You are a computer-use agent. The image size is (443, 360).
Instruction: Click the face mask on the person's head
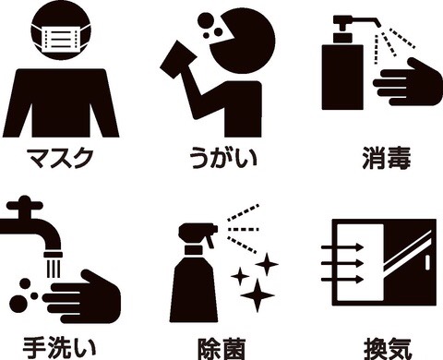pyautogui.click(x=61, y=39)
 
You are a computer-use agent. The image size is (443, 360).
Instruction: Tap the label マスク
pyautogui.click(x=60, y=158)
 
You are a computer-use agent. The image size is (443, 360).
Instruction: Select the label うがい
pyautogui.click(x=222, y=158)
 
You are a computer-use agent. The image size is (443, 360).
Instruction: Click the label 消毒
pyautogui.click(x=387, y=158)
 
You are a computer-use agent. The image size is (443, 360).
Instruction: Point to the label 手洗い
pyautogui.click(x=59, y=348)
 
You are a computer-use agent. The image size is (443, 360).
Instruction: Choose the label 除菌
pyautogui.click(x=221, y=349)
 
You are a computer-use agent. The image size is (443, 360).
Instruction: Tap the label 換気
pyautogui.click(x=388, y=349)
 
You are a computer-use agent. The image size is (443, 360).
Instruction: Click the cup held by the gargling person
pyautogui.click(x=178, y=61)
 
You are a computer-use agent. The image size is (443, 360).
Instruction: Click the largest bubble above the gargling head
pyautogui.click(x=205, y=20)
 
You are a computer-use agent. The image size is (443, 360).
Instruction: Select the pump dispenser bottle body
pyautogui.click(x=342, y=77)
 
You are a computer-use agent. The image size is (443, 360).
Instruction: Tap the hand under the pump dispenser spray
pyautogui.click(x=408, y=82)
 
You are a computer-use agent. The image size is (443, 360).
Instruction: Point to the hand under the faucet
pyautogui.click(x=81, y=296)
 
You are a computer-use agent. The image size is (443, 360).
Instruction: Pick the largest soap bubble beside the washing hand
pyautogui.click(x=18, y=304)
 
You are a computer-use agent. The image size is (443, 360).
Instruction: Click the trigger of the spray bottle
pyautogui.click(x=210, y=241)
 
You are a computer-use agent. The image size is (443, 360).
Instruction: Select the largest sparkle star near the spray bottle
pyautogui.click(x=257, y=295)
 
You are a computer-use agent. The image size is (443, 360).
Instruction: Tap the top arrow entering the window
pyautogui.click(x=342, y=246)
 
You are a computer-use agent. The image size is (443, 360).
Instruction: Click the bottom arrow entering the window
pyautogui.click(x=342, y=280)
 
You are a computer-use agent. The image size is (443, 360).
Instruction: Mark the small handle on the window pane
pyautogui.click(x=427, y=263)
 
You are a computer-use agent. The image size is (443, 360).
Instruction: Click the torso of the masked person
pyautogui.click(x=61, y=103)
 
